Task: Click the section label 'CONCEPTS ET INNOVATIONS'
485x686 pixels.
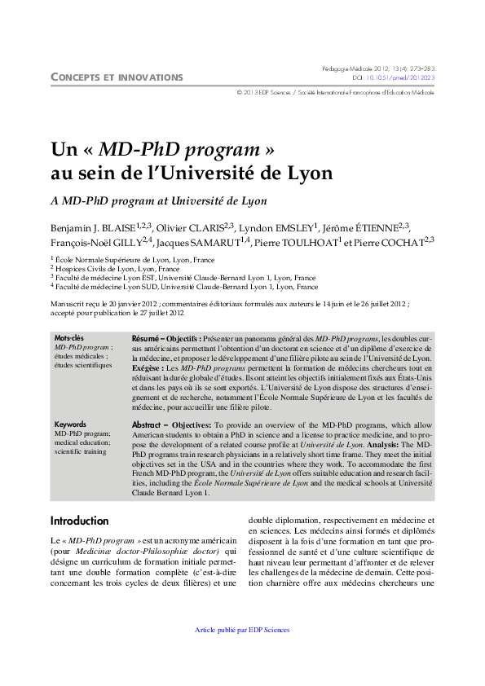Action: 117,77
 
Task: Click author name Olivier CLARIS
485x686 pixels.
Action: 195,227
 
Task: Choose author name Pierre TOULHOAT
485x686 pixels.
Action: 296,242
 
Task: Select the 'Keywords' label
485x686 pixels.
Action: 70,424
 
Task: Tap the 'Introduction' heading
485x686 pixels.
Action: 79,521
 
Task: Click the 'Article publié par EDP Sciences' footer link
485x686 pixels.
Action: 243,630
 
